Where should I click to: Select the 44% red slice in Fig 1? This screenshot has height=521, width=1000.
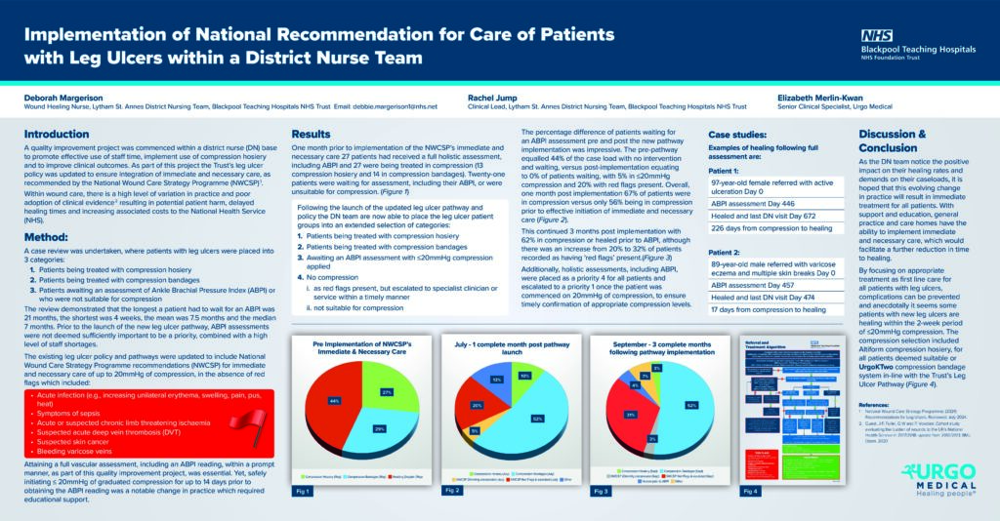[x=335, y=400]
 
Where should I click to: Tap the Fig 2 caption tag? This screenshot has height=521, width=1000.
[x=451, y=490]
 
